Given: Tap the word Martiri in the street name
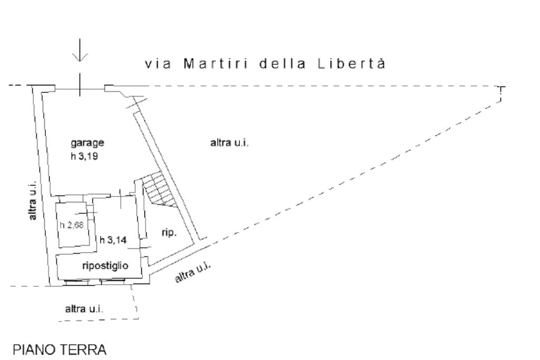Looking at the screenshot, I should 214,64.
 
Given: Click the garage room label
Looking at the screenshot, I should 88,143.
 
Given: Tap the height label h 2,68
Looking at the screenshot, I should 71,225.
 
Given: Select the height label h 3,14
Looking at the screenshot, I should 113,240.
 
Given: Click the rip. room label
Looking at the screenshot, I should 168,232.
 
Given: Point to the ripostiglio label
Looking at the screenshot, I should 104,265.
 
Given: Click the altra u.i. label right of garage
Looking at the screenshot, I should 229,143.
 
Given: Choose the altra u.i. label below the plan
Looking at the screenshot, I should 84,309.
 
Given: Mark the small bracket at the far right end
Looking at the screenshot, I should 501,94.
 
